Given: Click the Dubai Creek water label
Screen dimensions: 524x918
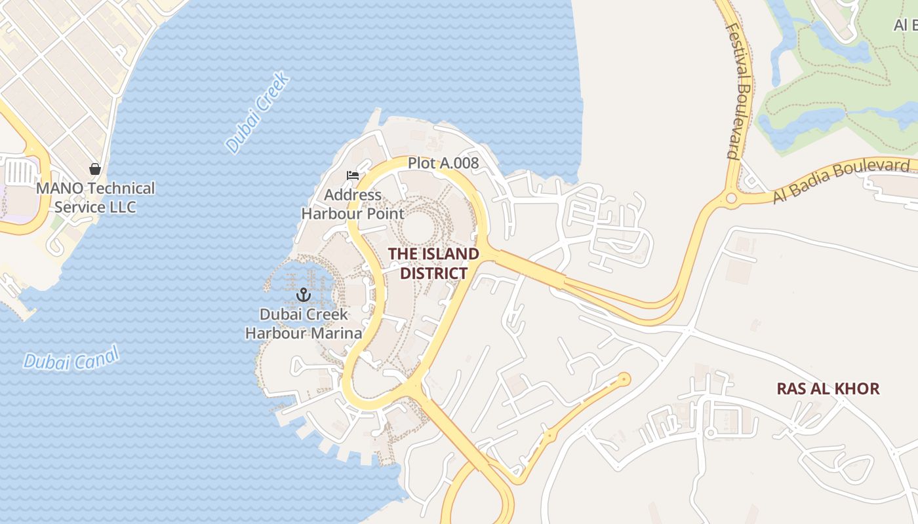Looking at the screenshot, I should click(x=258, y=113).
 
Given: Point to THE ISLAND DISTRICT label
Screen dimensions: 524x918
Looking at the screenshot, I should click(x=433, y=263).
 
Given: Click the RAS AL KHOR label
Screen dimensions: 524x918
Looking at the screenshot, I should click(x=828, y=388).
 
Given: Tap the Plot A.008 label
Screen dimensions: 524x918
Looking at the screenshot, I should click(x=443, y=163).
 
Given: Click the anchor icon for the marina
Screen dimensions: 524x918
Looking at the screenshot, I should click(x=303, y=295).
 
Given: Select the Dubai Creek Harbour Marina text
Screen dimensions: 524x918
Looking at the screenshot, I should click(x=304, y=324).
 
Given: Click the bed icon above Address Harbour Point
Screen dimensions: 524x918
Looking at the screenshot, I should click(x=353, y=176).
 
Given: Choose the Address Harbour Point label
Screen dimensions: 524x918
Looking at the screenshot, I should click(x=353, y=204).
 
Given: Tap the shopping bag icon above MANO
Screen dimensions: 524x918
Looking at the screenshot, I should click(x=95, y=169).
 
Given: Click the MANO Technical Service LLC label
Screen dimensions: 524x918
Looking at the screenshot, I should click(x=96, y=198).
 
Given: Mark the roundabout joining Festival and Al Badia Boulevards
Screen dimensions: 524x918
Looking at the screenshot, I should click(x=731, y=198).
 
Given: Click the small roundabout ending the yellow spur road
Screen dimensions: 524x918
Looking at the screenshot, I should click(x=624, y=379).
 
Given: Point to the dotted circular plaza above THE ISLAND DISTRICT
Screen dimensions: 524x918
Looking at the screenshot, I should click(x=418, y=227).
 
